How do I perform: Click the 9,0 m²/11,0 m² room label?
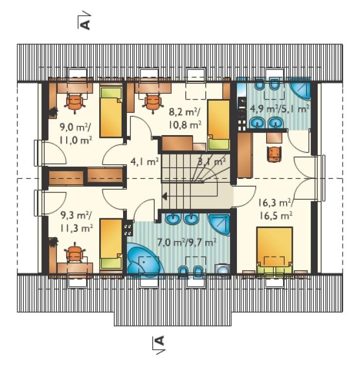pyautogui.click(x=76, y=134)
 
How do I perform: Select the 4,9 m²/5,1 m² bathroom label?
pyautogui.click(x=280, y=108)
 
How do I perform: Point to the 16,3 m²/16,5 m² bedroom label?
pyautogui.click(x=275, y=209)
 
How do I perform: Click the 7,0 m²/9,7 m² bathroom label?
pyautogui.click(x=186, y=243)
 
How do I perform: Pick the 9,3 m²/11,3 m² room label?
pyautogui.click(x=76, y=222)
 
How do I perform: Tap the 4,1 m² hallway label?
pyautogui.click(x=144, y=162)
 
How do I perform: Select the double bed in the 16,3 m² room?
pyautogui.click(x=274, y=250)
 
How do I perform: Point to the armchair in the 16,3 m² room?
pyautogui.click(x=274, y=154)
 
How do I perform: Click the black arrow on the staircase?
pyautogui.click(x=164, y=196)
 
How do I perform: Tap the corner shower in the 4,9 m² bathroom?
pyautogui.click(x=300, y=88)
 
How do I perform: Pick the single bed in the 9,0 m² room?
pyautogui.click(x=111, y=112)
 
